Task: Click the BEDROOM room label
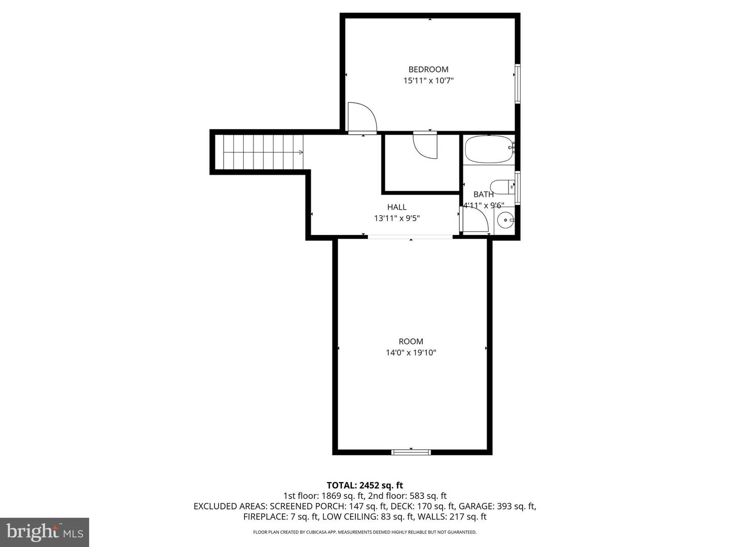tap(428, 69)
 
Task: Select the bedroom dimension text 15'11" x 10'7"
tap(428, 81)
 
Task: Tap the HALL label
tap(397, 207)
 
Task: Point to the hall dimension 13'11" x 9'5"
tap(397, 218)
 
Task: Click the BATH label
tap(483, 194)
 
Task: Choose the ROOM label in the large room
tap(411, 341)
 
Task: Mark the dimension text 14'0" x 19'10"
tap(411, 353)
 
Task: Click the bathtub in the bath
tap(488, 149)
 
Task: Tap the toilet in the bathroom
tap(501, 187)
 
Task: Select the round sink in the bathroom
tap(505, 220)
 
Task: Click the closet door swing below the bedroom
tap(425, 145)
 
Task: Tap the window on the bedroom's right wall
tap(518, 84)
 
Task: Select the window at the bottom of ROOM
tap(411, 452)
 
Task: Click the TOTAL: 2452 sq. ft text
tap(364, 486)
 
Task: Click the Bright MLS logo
tap(45, 532)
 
